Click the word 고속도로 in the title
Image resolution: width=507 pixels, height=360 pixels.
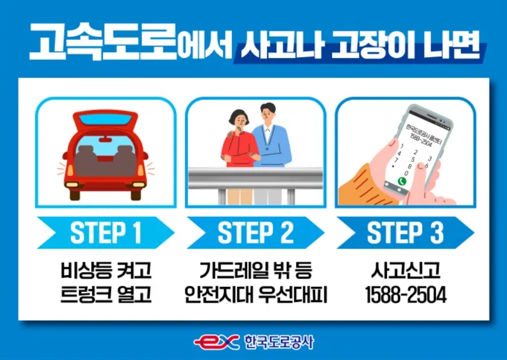tap(102, 42)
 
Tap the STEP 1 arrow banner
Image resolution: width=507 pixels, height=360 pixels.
tap(106, 232)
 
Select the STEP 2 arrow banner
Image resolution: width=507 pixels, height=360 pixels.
tap(255, 232)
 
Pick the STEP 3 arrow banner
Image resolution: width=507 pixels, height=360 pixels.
tap(405, 232)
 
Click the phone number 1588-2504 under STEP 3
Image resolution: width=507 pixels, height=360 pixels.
tap(406, 294)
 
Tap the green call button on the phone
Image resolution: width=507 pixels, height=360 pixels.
tap(402, 181)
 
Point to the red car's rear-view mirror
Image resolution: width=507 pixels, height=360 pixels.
tap(105, 139)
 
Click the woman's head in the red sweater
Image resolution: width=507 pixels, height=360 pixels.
tap(239, 119)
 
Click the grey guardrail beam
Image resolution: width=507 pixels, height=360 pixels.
tap(255, 178)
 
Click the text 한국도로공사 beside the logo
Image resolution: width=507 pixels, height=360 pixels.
tap(279, 342)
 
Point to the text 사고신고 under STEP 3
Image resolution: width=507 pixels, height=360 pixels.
tap(406, 270)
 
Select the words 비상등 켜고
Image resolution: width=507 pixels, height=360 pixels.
tap(106, 270)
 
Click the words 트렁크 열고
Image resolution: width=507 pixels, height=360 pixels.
tap(106, 294)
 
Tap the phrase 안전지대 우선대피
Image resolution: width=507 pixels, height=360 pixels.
tap(256, 294)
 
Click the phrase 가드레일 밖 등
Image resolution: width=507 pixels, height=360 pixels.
tap(255, 270)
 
